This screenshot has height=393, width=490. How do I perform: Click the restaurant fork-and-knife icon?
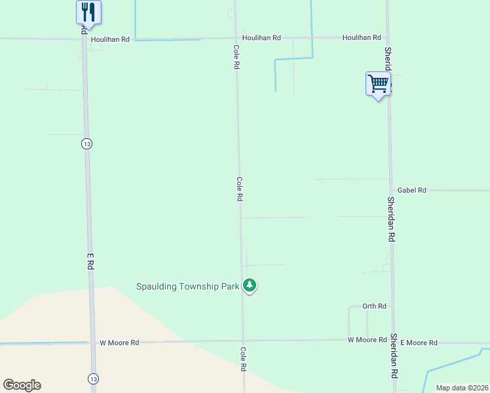[x=88, y=12]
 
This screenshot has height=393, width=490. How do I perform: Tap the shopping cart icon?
[x=378, y=83]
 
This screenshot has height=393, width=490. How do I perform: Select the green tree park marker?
[x=249, y=286]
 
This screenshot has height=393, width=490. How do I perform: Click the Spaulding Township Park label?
[x=187, y=286]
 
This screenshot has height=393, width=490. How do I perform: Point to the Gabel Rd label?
[x=412, y=190]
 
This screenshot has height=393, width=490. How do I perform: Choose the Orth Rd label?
[x=375, y=306]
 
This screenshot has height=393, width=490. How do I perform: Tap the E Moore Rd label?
[x=419, y=343]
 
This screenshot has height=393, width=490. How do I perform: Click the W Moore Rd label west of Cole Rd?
[x=119, y=343]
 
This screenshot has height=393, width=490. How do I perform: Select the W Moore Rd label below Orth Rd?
[x=367, y=340]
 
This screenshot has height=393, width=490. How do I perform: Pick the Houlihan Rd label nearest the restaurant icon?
[x=111, y=39]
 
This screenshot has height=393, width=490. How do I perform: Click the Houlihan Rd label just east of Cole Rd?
[x=261, y=38]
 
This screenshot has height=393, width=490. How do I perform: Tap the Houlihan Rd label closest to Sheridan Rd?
[x=362, y=38]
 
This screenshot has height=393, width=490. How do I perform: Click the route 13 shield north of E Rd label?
[x=86, y=143]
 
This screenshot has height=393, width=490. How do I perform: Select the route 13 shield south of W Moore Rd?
[x=92, y=378]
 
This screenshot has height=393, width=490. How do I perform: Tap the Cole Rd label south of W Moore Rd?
[x=243, y=360]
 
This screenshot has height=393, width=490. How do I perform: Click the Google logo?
[x=22, y=385]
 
